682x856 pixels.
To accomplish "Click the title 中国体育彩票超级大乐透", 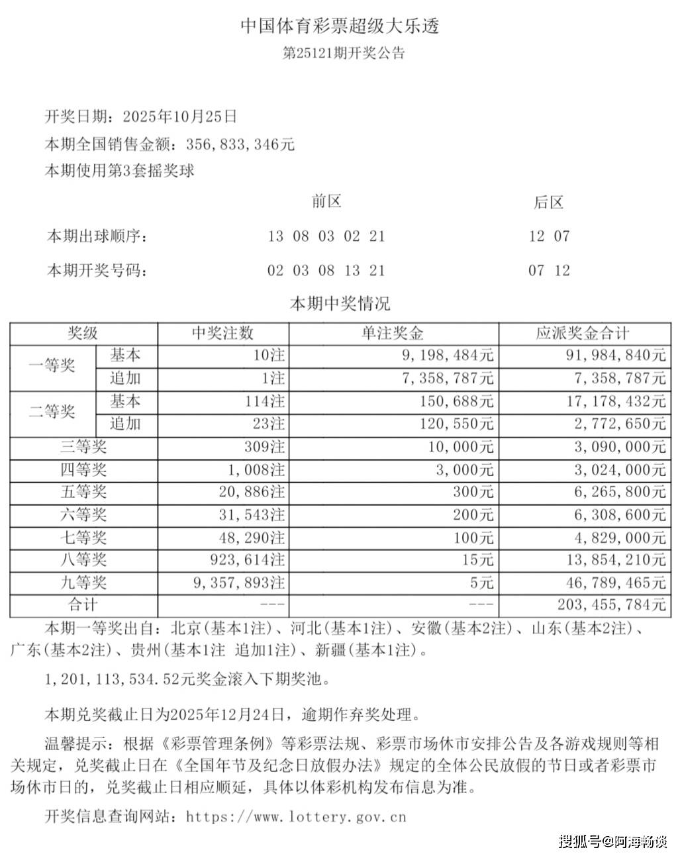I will pos(340,26).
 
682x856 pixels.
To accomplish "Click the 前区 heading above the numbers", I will pos(326,201).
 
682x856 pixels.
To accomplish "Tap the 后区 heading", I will pos(548,202).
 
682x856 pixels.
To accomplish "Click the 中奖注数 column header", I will pos(222,333).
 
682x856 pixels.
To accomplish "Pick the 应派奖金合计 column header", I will pos(583,333).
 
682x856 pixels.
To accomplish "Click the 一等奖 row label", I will pos(52,366).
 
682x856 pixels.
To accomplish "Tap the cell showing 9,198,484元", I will pos(448,356).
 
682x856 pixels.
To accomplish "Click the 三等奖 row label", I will pos(83,447).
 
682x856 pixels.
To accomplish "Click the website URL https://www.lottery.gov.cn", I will pos(296,816).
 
